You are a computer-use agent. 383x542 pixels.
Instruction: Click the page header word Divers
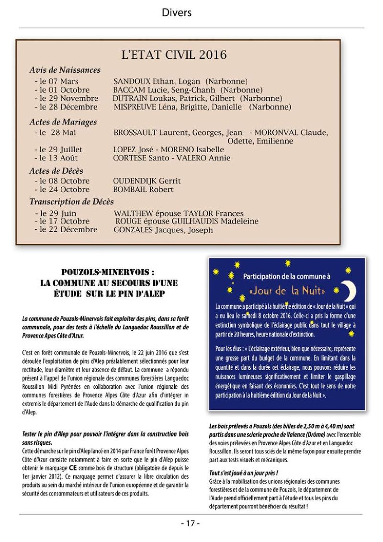coord(177,13)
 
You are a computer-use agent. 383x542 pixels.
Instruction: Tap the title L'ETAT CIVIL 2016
coord(174,55)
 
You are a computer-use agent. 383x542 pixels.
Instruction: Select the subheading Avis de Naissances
coord(65,70)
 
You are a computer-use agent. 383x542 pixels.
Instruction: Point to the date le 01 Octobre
coord(62,90)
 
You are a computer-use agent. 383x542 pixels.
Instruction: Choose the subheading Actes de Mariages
coord(63,122)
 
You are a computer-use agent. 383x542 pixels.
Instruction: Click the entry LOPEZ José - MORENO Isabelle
coord(169,149)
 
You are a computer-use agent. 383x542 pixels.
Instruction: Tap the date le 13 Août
coord(56,158)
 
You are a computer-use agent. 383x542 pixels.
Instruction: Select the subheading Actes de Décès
coord(56,170)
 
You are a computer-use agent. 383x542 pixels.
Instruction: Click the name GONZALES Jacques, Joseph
coord(163,230)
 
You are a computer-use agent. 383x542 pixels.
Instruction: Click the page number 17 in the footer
coord(191,523)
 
